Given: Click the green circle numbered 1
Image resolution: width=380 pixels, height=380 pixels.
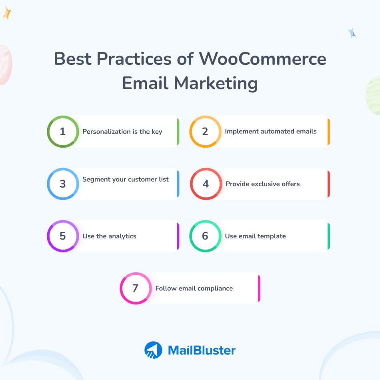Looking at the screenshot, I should click(63, 132).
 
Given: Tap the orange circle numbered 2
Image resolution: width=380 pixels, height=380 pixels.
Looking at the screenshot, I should click(205, 132).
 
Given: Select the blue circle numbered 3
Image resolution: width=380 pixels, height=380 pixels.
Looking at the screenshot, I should click(63, 184).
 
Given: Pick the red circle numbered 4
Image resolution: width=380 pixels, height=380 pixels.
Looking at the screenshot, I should click(206, 184).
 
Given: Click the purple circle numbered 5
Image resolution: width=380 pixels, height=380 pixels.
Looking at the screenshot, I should click(63, 236).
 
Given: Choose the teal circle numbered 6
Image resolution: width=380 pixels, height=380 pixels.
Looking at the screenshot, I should click(205, 236).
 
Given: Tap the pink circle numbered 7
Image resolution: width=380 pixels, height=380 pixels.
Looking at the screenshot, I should click(136, 288).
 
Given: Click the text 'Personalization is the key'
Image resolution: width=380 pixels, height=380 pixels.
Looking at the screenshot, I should click(122, 132).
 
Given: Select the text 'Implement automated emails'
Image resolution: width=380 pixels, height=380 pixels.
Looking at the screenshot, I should click(271, 131).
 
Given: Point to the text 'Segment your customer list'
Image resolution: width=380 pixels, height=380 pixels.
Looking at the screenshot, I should click(126, 179).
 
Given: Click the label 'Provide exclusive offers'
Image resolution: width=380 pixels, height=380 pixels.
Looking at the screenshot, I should click(262, 184).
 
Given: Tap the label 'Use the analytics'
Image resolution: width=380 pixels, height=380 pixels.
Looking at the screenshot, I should click(109, 236).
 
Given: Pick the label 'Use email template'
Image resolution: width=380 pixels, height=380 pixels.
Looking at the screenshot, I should click(255, 236).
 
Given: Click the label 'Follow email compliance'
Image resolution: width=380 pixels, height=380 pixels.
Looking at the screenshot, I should click(194, 288).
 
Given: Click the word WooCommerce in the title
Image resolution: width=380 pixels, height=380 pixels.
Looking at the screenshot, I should click(263, 59).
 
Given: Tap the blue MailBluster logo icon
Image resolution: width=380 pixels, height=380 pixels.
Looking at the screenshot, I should click(153, 350).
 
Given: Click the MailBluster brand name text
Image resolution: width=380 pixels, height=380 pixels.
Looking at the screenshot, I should click(202, 350).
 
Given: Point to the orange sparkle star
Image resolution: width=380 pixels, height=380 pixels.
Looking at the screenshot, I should click(7, 13).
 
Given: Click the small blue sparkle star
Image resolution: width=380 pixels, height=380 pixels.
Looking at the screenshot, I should click(352, 33).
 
